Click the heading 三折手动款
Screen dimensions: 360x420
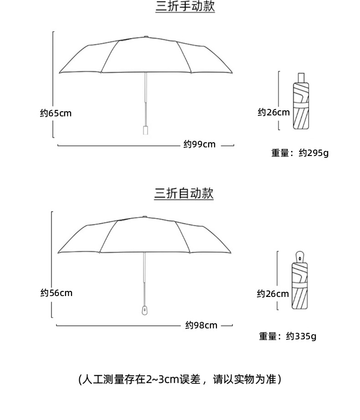[185, 6]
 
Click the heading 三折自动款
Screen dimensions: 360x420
[184, 193]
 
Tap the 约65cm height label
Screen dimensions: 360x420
[56, 113]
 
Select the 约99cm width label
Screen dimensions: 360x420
[200, 145]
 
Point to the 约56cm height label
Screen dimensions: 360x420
[56, 293]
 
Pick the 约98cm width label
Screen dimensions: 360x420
[201, 325]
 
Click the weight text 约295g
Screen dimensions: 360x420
[314, 153]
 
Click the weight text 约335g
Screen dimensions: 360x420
[301, 336]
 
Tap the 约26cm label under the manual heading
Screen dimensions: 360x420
[273, 112]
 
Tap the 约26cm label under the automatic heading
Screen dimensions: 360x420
[273, 294]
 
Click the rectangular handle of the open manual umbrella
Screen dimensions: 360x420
[146, 130]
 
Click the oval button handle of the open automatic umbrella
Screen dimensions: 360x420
[144, 310]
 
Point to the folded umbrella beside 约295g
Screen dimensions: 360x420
[301, 101]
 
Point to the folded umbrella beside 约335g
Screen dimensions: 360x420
[299, 280]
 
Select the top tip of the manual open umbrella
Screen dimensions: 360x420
[146, 36]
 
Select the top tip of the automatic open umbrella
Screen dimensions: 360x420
[144, 217]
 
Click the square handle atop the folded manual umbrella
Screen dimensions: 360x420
[301, 78]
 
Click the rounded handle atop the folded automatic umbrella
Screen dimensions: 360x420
[299, 257]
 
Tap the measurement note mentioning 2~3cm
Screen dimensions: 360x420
[180, 379]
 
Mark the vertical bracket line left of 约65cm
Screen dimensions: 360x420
[53, 85]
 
